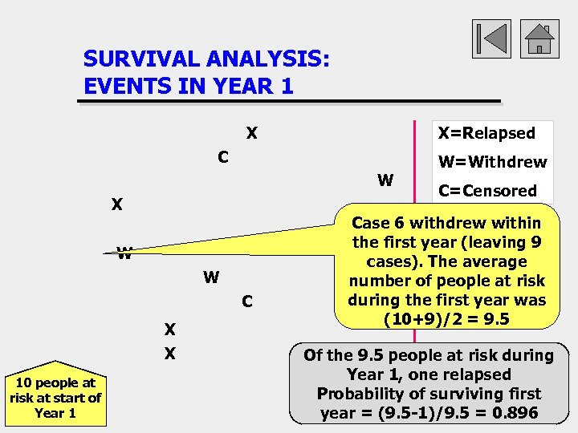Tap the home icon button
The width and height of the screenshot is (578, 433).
tap(540, 38)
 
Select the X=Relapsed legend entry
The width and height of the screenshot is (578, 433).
tap(484, 133)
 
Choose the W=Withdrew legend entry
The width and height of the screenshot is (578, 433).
tap(492, 162)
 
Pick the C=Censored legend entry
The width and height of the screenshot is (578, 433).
tap(487, 191)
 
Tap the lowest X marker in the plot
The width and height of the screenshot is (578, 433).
tap(170, 354)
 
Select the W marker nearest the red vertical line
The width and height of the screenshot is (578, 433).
tap(385, 180)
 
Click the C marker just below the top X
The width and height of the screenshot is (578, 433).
tap(224, 157)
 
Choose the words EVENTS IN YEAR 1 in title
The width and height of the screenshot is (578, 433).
tap(188, 85)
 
